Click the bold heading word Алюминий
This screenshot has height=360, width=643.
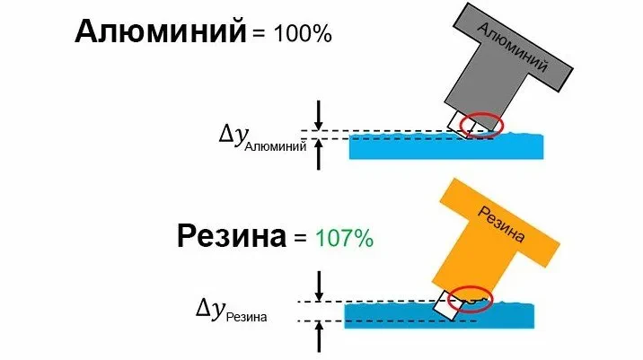click(x=160, y=33)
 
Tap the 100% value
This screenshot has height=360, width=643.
click(x=295, y=35)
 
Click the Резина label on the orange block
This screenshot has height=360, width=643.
click(x=502, y=222)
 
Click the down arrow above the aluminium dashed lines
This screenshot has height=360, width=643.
click(x=318, y=114)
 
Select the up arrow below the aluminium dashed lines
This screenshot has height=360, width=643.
click(x=318, y=154)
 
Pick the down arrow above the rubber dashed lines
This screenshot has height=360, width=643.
click(x=318, y=285)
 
